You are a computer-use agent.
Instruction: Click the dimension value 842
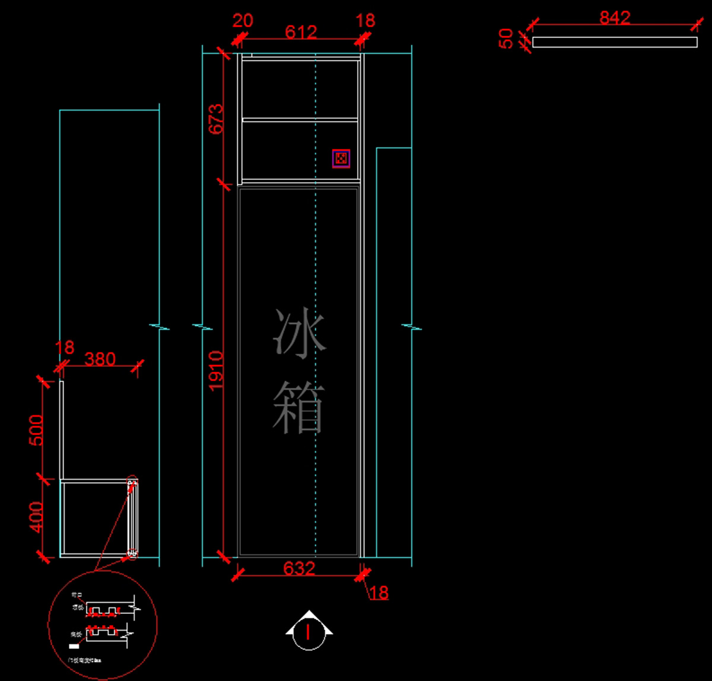pos(614,18)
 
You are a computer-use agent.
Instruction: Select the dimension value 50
pos(507,39)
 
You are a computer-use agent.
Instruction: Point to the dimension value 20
pos(242,21)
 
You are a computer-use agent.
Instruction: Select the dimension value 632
pos(299,569)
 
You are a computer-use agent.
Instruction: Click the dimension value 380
pos(100,359)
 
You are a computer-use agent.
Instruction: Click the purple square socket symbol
pos(341,159)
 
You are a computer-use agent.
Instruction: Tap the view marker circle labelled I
pos(308,632)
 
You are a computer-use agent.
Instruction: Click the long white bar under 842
pos(615,42)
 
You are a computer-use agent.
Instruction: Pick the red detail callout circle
pos(102,625)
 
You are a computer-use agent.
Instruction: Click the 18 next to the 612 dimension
pos(365,21)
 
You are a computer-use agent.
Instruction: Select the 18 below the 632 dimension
pos(379,593)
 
